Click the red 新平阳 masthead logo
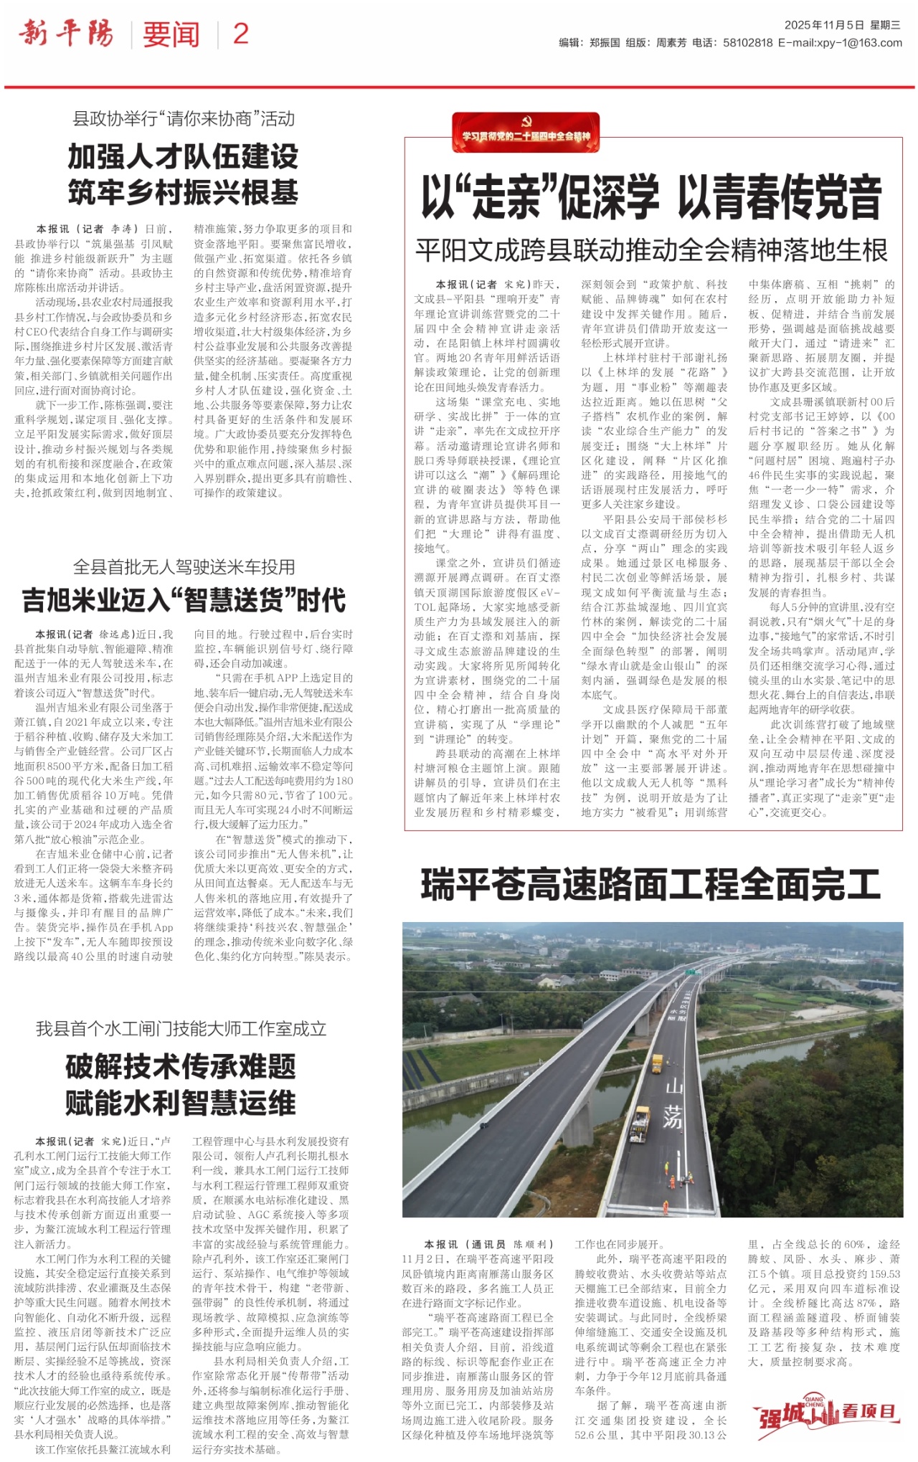coord(66,33)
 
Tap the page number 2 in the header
coord(240,34)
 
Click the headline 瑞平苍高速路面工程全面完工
coord(650,884)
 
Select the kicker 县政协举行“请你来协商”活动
coord(184,118)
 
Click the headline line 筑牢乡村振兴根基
coord(184,192)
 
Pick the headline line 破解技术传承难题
coord(181,1066)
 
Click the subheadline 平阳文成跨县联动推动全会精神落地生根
coord(651,251)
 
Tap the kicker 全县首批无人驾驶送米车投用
coord(184,567)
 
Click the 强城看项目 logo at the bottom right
coord(826,1412)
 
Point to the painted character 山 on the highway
coord(674,1086)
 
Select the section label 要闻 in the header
coord(171,34)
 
